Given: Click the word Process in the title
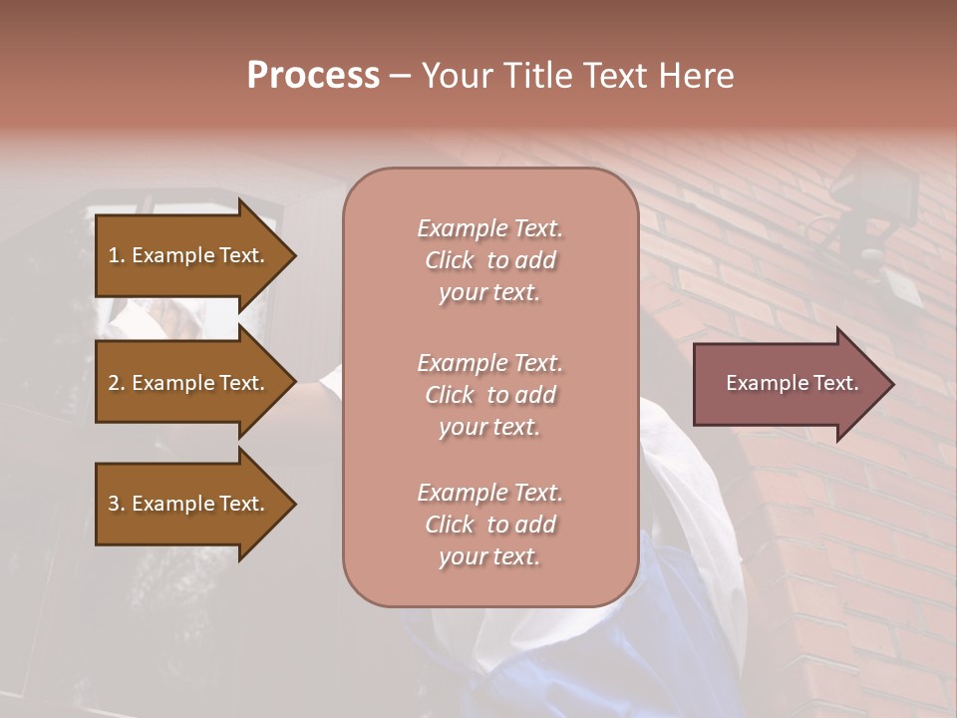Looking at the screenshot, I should coord(313,76).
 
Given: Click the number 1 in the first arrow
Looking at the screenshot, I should coord(113,255).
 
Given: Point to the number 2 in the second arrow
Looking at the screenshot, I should coord(114,383).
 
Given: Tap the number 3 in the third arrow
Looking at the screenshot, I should coord(114,504).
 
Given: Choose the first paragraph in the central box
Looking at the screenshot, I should coord(489,260).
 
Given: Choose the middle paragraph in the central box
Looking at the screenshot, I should coord(489,395).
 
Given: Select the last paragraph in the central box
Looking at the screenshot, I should coord(489,525).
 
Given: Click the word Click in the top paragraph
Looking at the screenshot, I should coord(450,260).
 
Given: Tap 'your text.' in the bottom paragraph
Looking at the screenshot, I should coord(489,557).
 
